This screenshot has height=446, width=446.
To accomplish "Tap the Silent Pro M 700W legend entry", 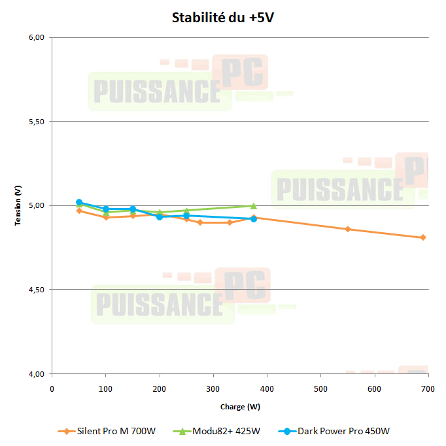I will (x=112, y=431).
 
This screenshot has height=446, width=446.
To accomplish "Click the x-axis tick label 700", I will (x=428, y=388).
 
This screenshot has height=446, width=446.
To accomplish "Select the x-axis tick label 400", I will (x=267, y=388).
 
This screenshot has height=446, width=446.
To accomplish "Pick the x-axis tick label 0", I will (x=52, y=388).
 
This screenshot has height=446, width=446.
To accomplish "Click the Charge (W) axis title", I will (x=240, y=407).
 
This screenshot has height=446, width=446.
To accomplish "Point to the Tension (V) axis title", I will (x=19, y=205).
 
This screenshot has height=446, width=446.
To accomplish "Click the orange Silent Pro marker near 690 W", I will (x=423, y=237).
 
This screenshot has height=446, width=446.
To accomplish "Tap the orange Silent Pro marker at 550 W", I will (x=348, y=229).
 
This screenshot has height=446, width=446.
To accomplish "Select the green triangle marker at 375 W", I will (x=254, y=205).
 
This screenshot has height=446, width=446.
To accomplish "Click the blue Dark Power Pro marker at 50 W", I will (x=79, y=202).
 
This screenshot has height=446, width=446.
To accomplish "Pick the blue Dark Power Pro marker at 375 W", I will (x=254, y=218).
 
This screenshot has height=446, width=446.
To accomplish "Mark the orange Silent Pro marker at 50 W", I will (x=79, y=211).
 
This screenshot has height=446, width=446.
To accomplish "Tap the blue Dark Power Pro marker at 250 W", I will (x=186, y=215).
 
